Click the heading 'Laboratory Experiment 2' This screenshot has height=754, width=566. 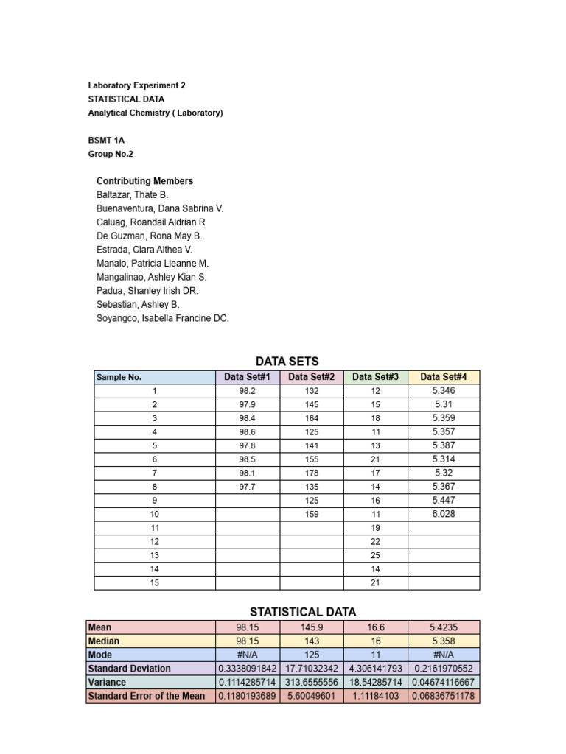[136, 85]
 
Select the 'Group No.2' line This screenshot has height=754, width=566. [111, 154]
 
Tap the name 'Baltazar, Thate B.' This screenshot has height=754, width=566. [132, 195]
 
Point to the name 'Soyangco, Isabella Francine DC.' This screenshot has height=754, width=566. [162, 318]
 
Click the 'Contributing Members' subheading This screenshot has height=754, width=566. [144, 181]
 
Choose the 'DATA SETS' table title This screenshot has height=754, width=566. [287, 362]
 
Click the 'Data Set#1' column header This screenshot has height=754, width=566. [248, 377]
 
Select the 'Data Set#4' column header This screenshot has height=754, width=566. [444, 377]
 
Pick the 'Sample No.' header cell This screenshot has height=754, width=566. [119, 377]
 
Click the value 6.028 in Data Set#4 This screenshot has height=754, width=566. [444, 514]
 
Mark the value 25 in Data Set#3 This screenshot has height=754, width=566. [375, 555]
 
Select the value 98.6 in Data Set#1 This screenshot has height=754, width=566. [248, 432]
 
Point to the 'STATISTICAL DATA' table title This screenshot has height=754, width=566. [303, 612]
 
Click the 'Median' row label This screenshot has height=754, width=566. [103, 641]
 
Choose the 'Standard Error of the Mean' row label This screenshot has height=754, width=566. [146, 696]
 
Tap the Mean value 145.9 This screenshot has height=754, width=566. [311, 627]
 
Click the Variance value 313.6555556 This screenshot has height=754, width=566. [311, 682]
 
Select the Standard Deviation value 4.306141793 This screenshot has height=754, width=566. [375, 669]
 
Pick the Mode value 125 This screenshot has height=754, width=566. [311, 655]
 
